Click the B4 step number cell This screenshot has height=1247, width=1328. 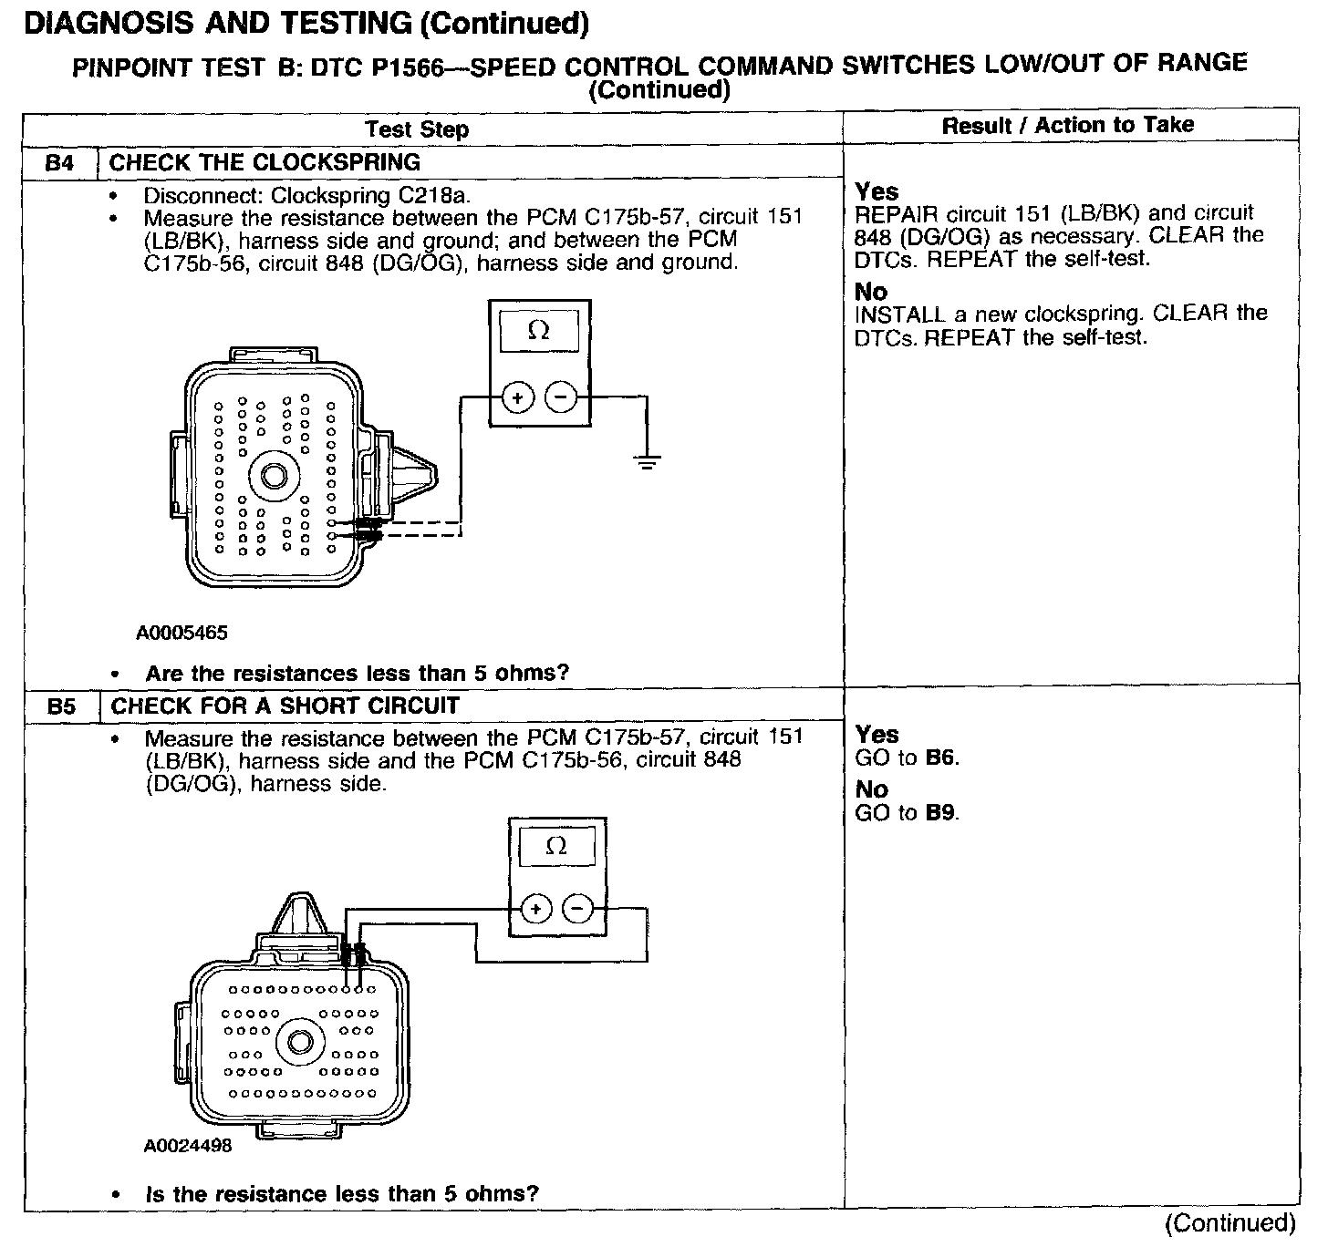pos(59,164)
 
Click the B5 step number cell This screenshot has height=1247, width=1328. pos(61,706)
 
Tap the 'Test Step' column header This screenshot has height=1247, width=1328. pos(417,129)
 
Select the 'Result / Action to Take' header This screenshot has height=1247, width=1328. pos(1067,125)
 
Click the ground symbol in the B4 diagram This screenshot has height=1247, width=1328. pos(647,462)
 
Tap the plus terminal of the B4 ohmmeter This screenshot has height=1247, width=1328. pos(517,397)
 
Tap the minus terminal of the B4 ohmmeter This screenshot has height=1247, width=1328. pos(561,397)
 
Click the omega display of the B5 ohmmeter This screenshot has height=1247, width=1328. pos(555,847)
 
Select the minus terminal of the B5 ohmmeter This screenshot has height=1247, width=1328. pos(577,909)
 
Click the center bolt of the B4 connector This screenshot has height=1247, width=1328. pos(274,475)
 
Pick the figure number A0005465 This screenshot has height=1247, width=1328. pos(182,633)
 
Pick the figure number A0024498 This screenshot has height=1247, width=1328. pos(188,1146)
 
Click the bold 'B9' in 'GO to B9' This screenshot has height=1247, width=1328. pos(941,813)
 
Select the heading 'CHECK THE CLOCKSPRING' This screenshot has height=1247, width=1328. pos(265,163)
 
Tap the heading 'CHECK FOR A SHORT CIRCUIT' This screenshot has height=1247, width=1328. pos(285,706)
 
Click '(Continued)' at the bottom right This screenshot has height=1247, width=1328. pos(1230,1223)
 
